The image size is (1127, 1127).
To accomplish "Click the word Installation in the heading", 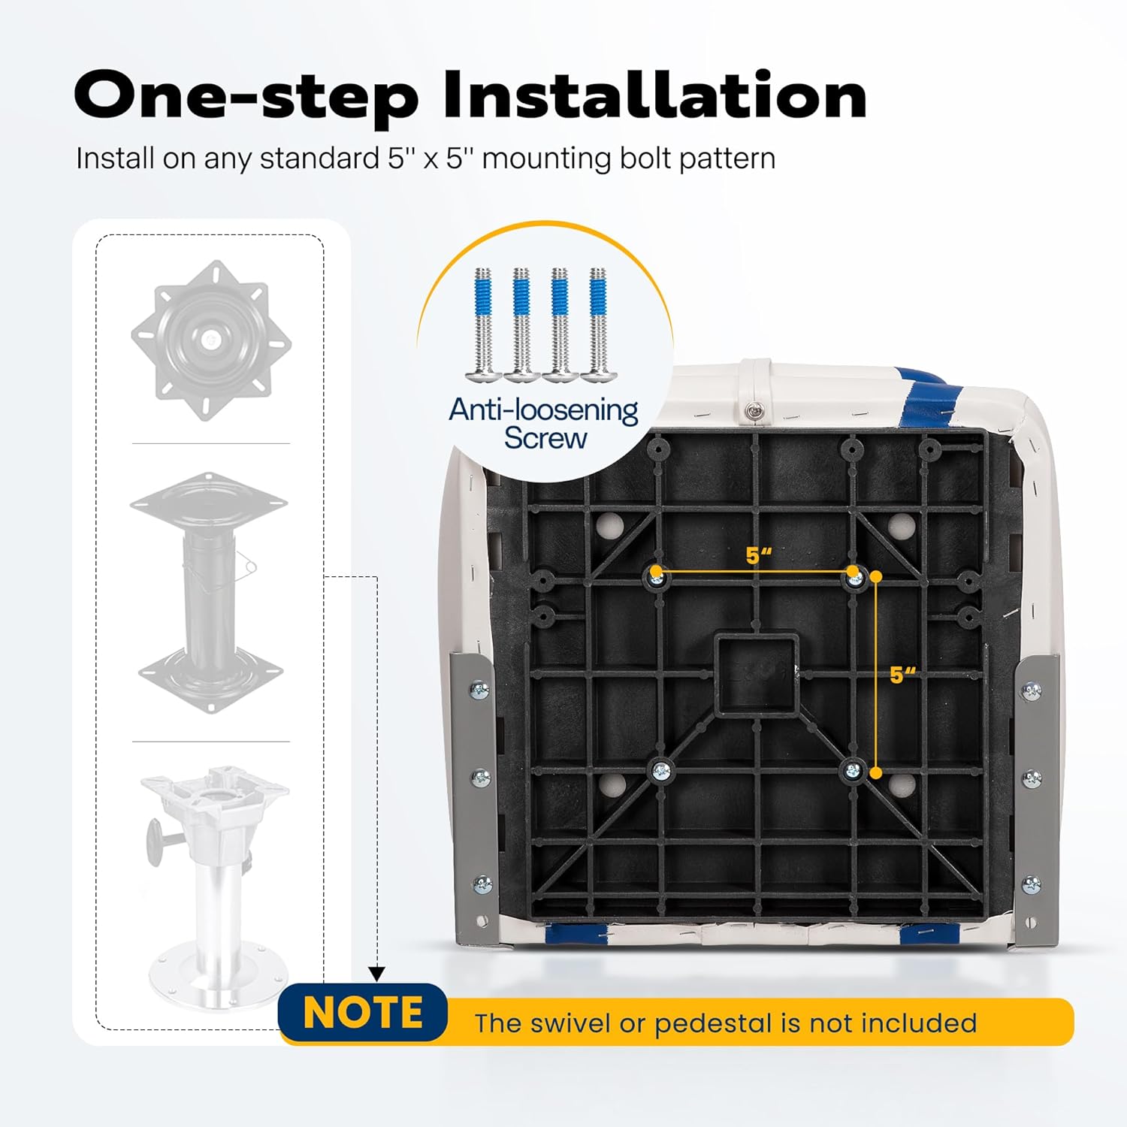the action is click(654, 95).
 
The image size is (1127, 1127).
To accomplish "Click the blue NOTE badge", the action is click(363, 1012).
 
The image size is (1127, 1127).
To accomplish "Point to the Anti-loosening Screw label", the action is click(544, 424).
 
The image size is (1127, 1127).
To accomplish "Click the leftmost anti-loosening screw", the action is click(483, 324).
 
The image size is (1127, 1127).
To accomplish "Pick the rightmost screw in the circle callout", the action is click(598, 324).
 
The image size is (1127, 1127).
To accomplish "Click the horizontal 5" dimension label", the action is click(759, 555).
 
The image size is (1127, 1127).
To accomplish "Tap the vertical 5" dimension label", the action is click(902, 675).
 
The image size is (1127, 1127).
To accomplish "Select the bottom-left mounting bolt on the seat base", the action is click(660, 769).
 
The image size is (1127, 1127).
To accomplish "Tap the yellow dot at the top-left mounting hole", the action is click(656, 572).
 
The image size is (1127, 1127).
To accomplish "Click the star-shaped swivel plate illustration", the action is click(211, 340).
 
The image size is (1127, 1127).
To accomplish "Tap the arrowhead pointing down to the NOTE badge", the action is click(377, 974).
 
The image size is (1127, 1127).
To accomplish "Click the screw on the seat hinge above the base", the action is click(752, 409).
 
